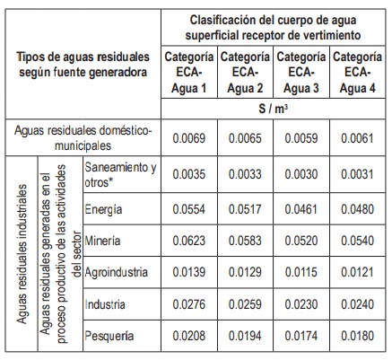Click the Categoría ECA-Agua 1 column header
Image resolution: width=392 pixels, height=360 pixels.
pos(189,73)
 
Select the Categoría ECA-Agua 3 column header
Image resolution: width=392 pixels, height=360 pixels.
pos(301,73)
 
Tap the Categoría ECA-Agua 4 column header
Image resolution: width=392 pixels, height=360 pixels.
pos(357,73)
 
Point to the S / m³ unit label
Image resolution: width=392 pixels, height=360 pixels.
pos(273,109)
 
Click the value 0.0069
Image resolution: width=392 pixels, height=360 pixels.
pos(189,138)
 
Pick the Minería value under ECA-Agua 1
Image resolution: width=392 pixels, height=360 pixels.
pos(189,241)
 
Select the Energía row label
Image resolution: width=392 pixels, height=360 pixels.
pos(103,209)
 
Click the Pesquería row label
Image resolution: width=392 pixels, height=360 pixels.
pos(109,336)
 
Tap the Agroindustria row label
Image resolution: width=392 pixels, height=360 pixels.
pos(117,273)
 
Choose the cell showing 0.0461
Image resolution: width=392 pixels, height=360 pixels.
pos(301,209)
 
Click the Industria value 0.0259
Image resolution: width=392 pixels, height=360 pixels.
pos(245,304)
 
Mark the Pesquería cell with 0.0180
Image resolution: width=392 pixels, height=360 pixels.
pos(357,336)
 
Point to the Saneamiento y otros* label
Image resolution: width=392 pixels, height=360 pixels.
pos(120,175)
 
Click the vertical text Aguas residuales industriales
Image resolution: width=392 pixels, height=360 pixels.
pos(22,254)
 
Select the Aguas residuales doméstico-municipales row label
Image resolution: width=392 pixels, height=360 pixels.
pos(83,138)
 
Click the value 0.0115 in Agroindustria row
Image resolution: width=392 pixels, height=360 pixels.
pos(301,272)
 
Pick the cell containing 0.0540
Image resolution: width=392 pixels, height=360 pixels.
pos(357,241)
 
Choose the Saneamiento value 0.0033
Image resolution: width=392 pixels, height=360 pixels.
pos(245,174)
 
